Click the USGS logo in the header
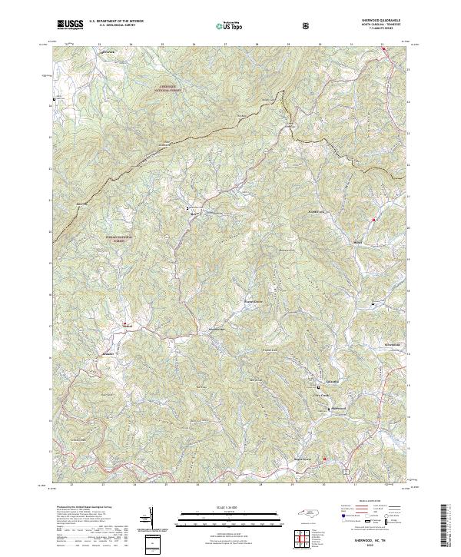pos(71,25)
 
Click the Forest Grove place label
pos(254,301)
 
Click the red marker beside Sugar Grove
pos(324,459)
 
